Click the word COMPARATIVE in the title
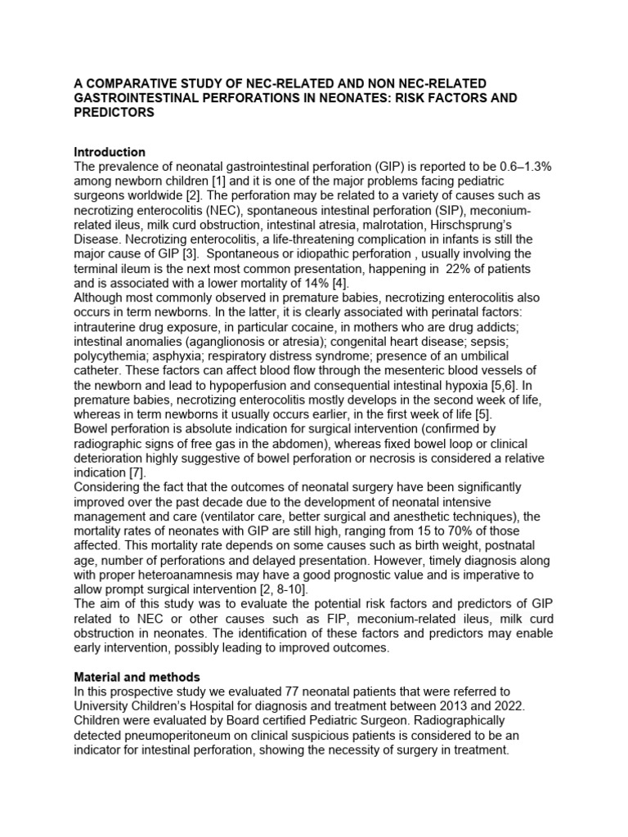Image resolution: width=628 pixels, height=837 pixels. [134, 83]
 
